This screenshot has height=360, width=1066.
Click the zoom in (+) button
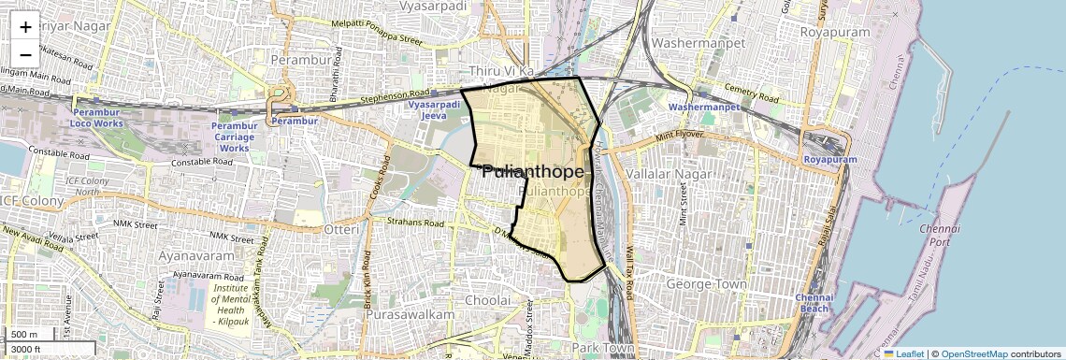(25, 27)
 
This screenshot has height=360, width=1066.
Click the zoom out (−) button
(25, 54)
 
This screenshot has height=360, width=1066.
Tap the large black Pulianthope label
(533, 173)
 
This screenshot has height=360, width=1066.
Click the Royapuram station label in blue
(829, 160)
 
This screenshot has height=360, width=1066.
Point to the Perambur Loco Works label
(96, 118)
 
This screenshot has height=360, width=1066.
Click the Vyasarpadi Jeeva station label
(431, 112)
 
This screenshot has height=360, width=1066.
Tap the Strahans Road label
(415, 223)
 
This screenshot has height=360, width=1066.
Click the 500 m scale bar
(28, 335)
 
